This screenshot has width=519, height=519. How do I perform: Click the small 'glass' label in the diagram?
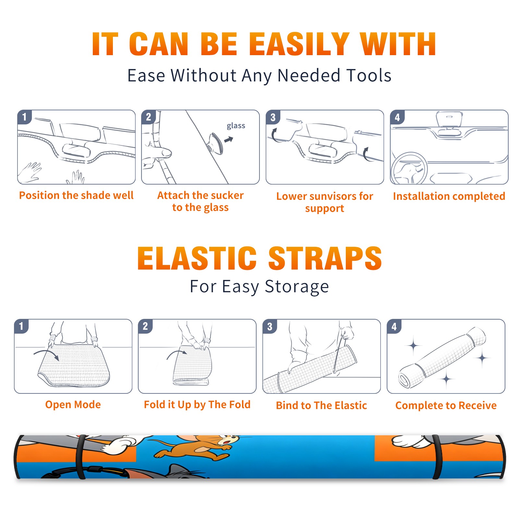coord(236,126)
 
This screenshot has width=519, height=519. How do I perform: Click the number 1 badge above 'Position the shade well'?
coord(25,117)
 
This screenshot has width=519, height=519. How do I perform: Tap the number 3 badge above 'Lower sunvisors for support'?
coord(273,117)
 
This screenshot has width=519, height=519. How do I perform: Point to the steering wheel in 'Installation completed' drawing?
coord(409,168)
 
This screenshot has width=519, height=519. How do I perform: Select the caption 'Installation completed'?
coord(449,196)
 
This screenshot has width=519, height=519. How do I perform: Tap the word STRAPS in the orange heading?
coord(325,258)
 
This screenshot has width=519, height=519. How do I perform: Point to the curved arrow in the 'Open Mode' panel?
coord(46,353)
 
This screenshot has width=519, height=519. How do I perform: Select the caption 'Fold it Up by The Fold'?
coord(197,405)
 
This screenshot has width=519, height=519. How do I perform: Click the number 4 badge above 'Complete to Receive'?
coord(394,326)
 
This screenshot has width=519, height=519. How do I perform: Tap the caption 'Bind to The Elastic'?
coord(321,405)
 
